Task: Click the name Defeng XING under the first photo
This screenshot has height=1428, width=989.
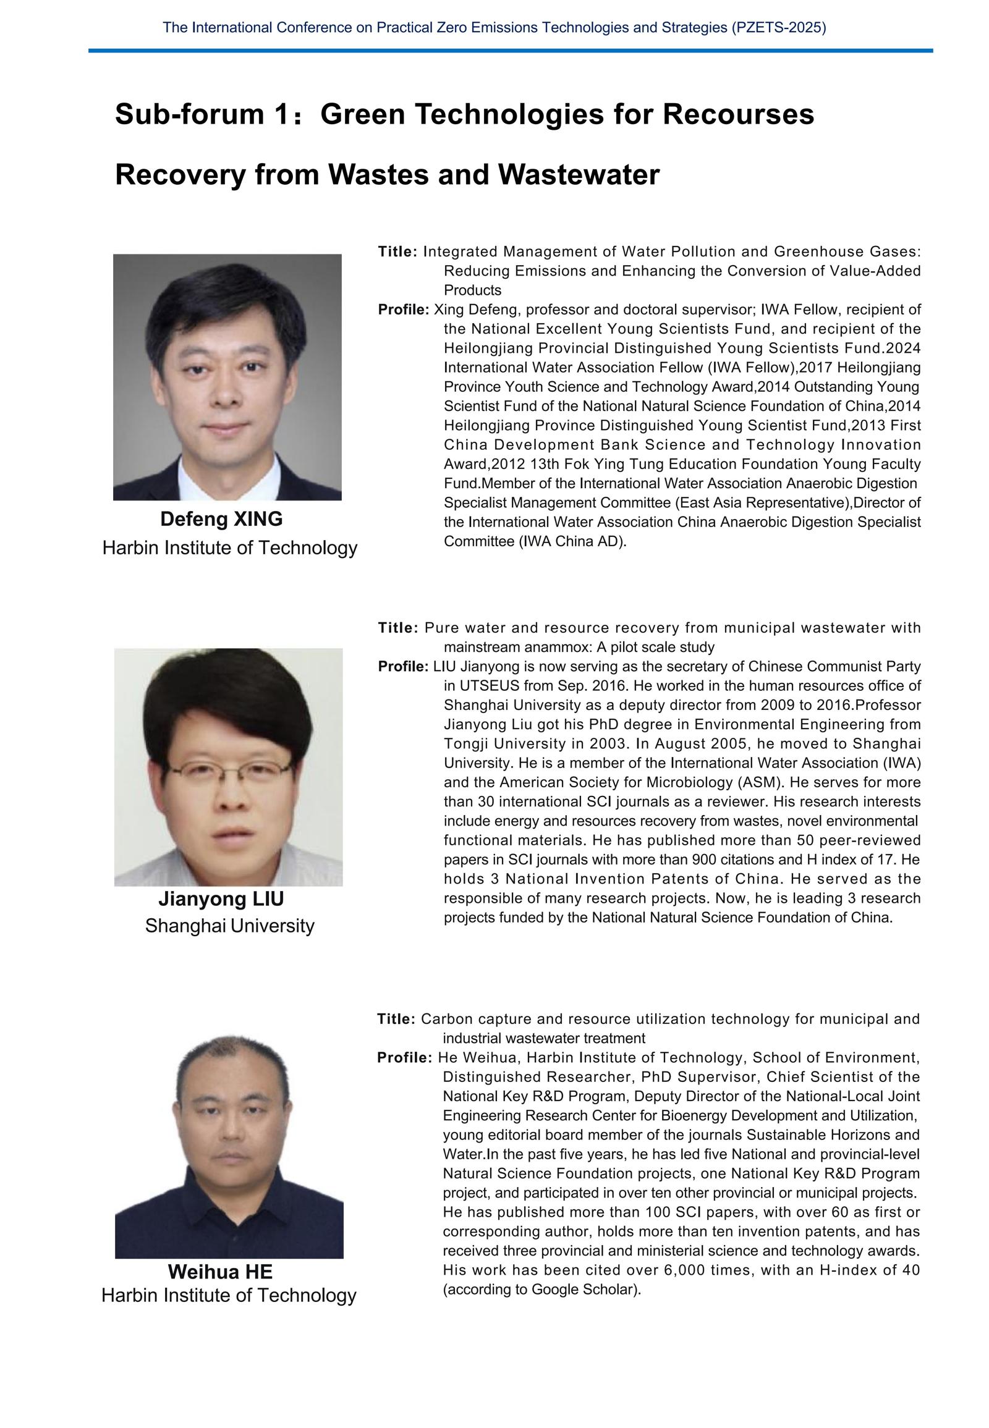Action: (x=221, y=519)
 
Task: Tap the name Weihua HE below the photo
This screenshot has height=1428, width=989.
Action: (x=220, y=1272)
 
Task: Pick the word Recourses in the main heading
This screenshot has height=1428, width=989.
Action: (x=737, y=114)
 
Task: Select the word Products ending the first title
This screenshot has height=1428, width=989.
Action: (x=472, y=290)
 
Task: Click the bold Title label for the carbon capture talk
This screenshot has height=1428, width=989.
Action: (x=396, y=1019)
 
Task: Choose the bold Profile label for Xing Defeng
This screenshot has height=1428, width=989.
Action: (x=404, y=309)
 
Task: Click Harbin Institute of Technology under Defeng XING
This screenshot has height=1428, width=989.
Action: (x=229, y=547)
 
